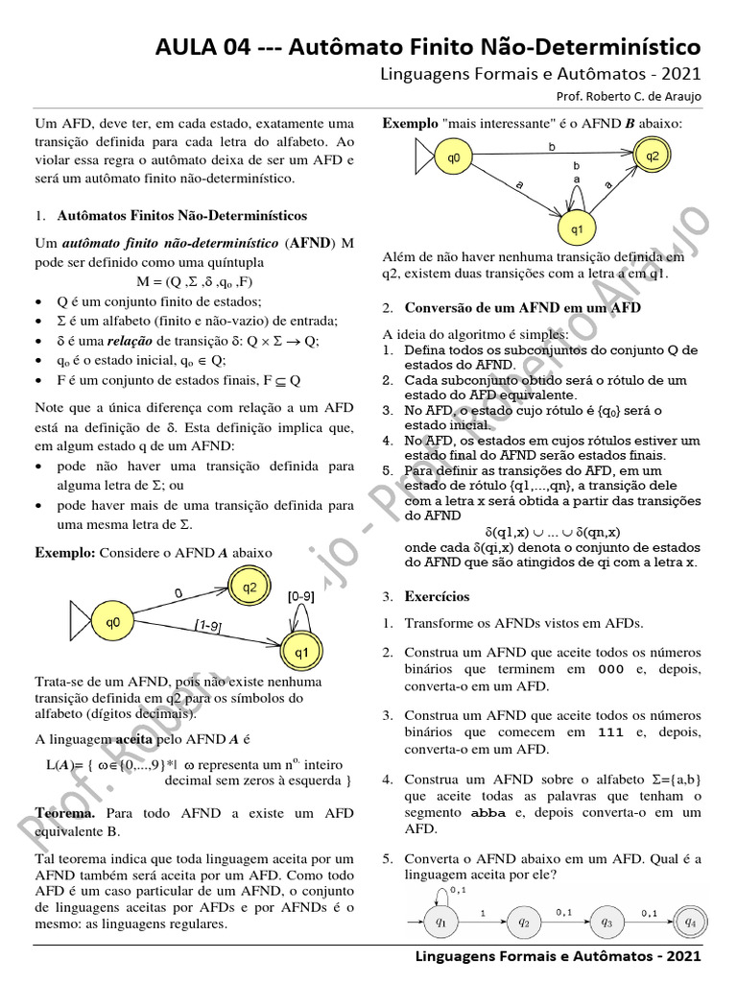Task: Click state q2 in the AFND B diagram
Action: [x=652, y=156]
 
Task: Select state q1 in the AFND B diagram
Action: [x=578, y=228]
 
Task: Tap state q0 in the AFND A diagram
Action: [x=113, y=622]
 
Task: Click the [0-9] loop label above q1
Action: [x=300, y=596]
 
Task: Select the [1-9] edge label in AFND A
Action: [x=208, y=626]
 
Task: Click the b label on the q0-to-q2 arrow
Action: [x=551, y=147]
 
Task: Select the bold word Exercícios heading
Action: [x=437, y=596]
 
